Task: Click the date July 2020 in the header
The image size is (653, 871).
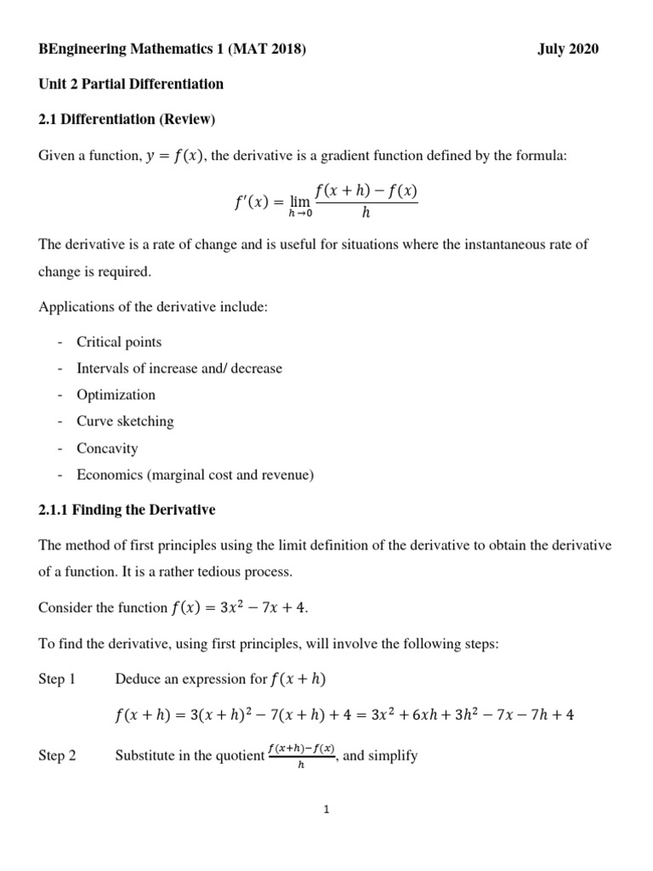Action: pos(567,49)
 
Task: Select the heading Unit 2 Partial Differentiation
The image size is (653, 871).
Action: pos(131,83)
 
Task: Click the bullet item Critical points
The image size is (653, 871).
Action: pos(118,342)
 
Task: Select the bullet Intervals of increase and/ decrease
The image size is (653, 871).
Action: pos(179,368)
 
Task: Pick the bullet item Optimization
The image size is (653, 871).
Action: pos(116,395)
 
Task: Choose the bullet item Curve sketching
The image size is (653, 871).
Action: pos(125,421)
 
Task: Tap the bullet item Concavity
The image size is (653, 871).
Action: pos(107,448)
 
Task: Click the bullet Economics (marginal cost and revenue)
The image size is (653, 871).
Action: pos(195,475)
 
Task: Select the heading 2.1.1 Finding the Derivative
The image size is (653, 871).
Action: pos(127,510)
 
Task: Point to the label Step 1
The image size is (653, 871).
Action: pos(57,679)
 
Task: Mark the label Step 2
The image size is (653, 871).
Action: pos(57,755)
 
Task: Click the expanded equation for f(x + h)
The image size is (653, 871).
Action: pos(344,715)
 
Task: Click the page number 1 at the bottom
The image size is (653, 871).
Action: pos(326,810)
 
